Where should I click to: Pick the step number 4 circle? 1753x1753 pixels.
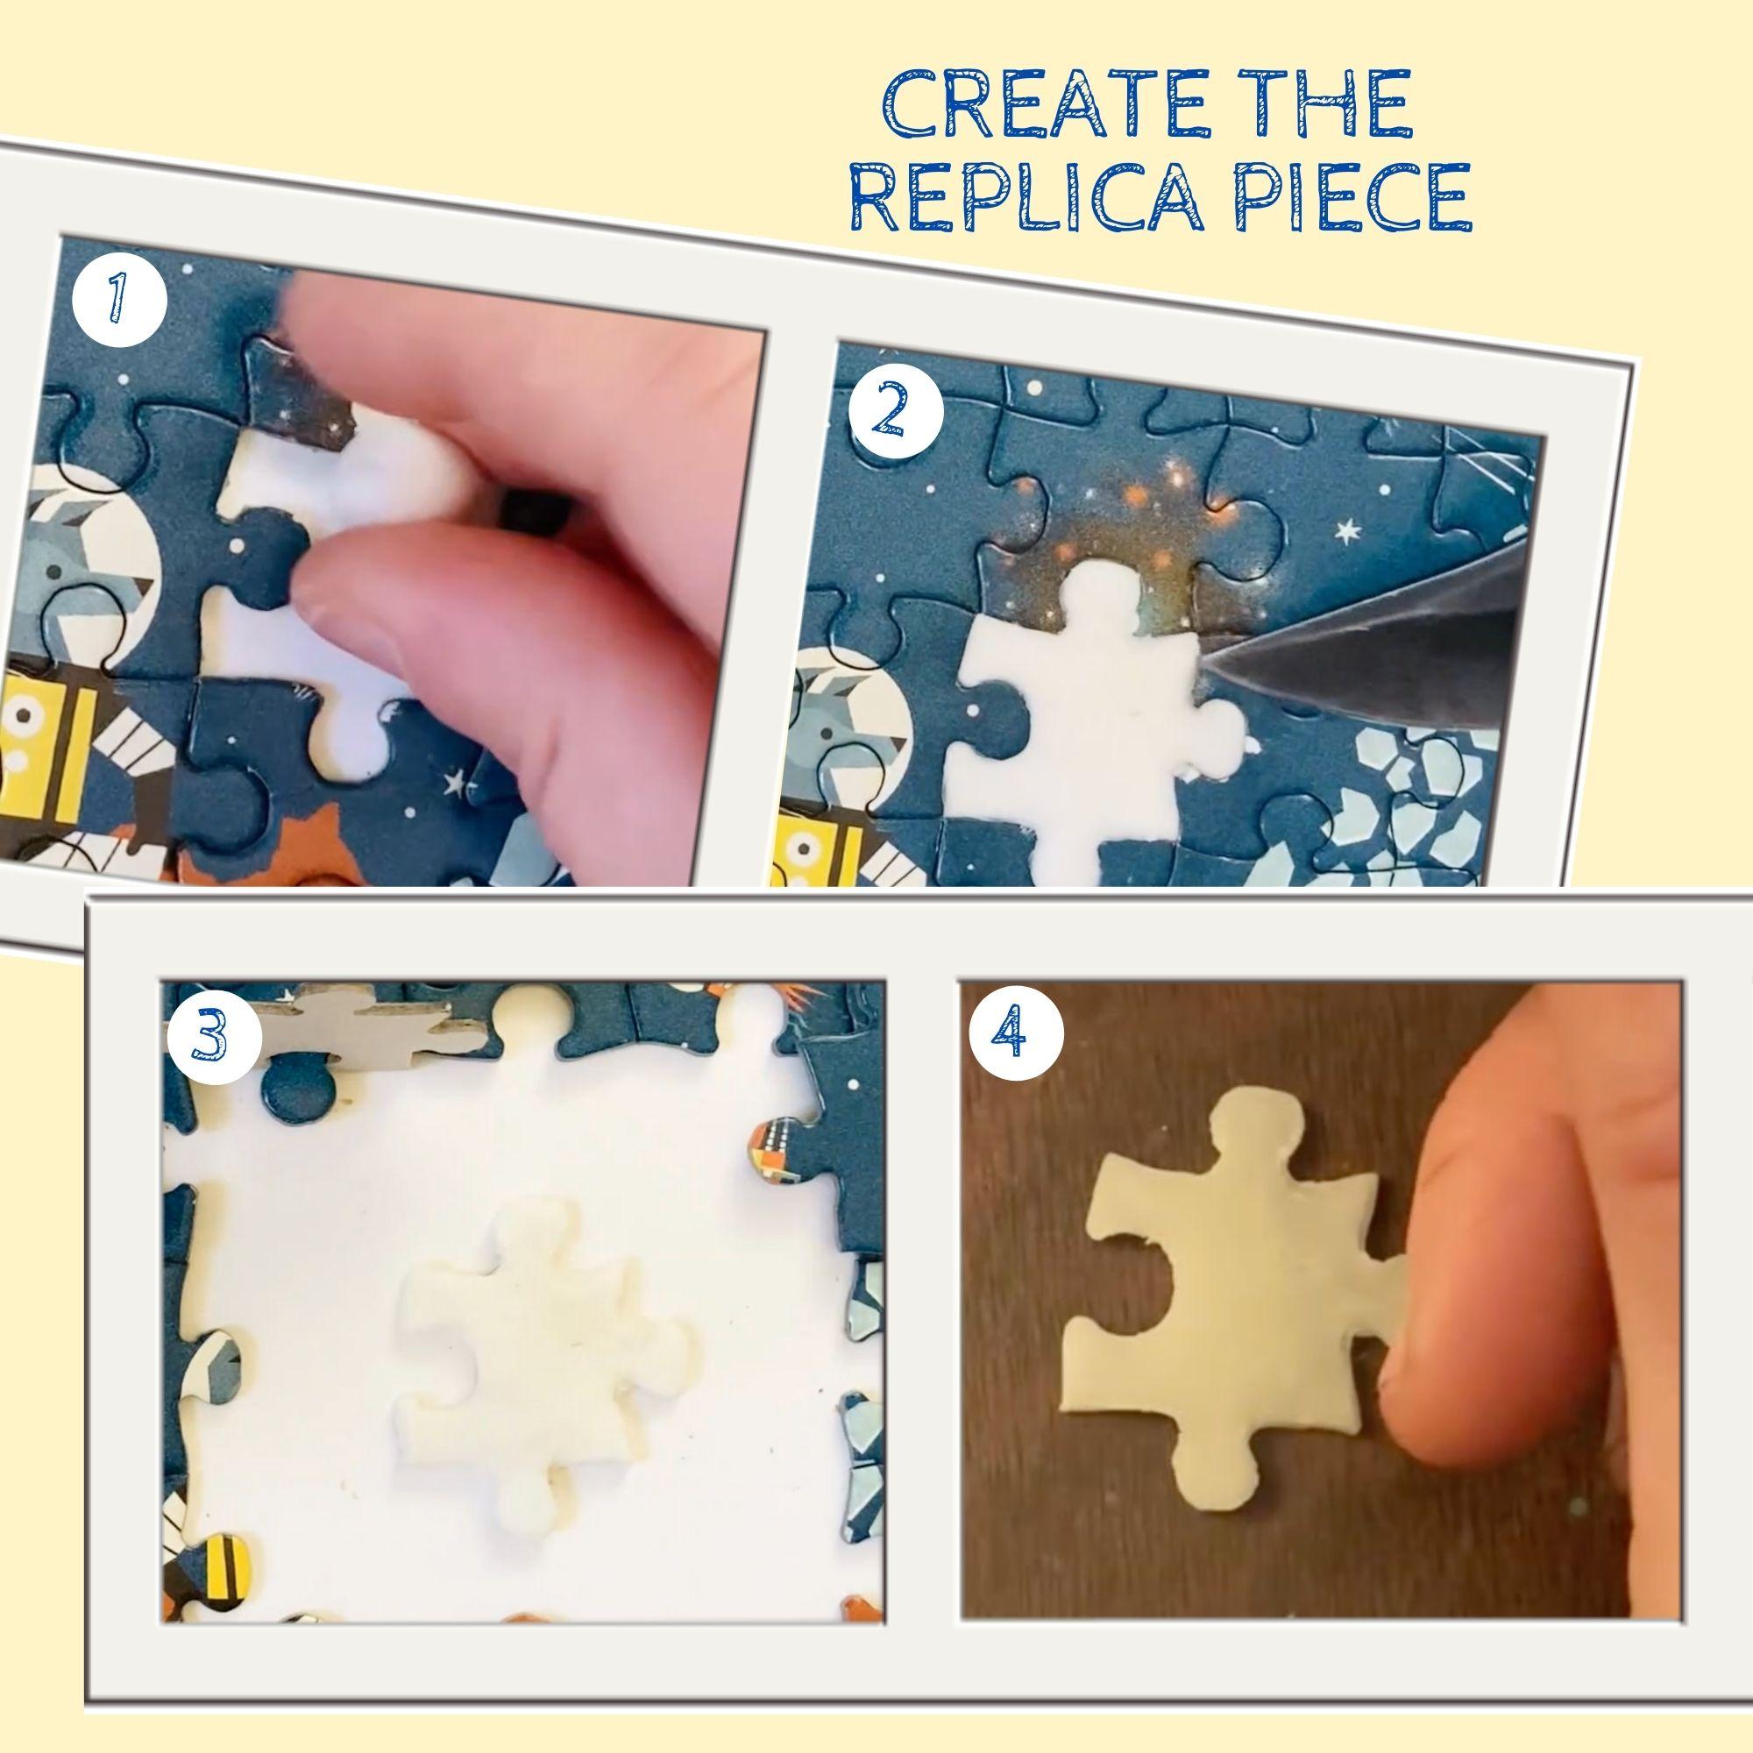[1015, 1035]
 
